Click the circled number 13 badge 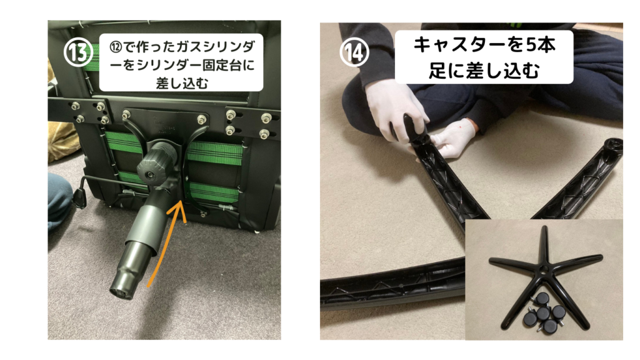point(77,52)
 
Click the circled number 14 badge point(354,52)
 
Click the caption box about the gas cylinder point(181,62)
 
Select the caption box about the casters point(484,57)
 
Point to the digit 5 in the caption point(531,45)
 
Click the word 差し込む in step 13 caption point(182,83)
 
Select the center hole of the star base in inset point(544,269)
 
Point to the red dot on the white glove point(460,127)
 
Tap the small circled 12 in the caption point(116,46)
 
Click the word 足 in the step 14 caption point(437,71)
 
